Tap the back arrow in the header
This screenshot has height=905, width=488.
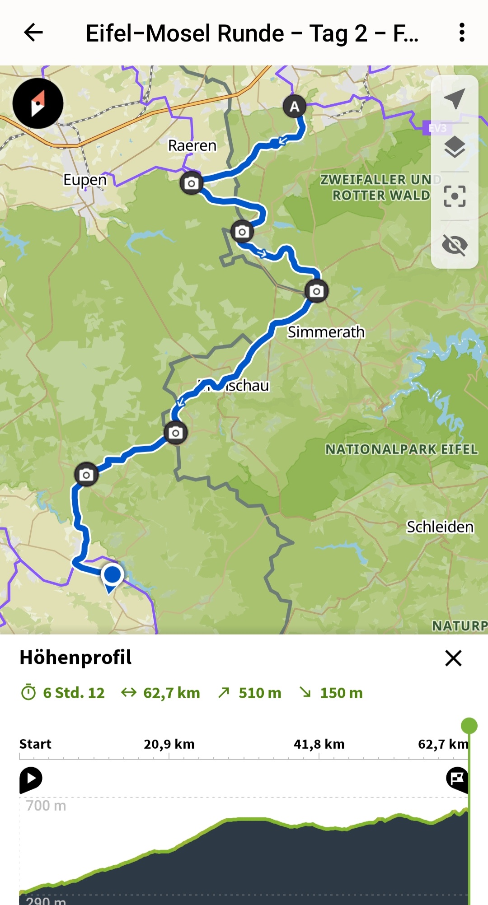(33, 33)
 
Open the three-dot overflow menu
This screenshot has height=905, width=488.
(461, 33)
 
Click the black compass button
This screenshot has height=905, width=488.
(38, 103)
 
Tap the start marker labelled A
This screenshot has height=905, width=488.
(295, 107)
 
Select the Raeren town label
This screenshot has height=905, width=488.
(192, 145)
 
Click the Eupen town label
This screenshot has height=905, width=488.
(85, 180)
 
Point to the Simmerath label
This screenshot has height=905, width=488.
(326, 332)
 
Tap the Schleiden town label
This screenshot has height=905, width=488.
(440, 527)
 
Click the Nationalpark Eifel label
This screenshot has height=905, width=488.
(401, 449)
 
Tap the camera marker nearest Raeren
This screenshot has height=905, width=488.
(191, 183)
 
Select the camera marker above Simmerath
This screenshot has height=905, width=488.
(316, 291)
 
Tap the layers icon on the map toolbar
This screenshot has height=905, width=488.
(455, 147)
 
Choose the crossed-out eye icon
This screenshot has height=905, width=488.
(455, 245)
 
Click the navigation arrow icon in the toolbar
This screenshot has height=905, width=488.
(455, 98)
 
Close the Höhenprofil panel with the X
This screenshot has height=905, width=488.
(453, 658)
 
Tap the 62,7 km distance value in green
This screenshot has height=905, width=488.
(171, 693)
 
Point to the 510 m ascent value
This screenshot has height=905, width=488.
(259, 693)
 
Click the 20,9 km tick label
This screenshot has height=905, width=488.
(169, 744)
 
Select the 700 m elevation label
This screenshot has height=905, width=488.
(46, 806)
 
